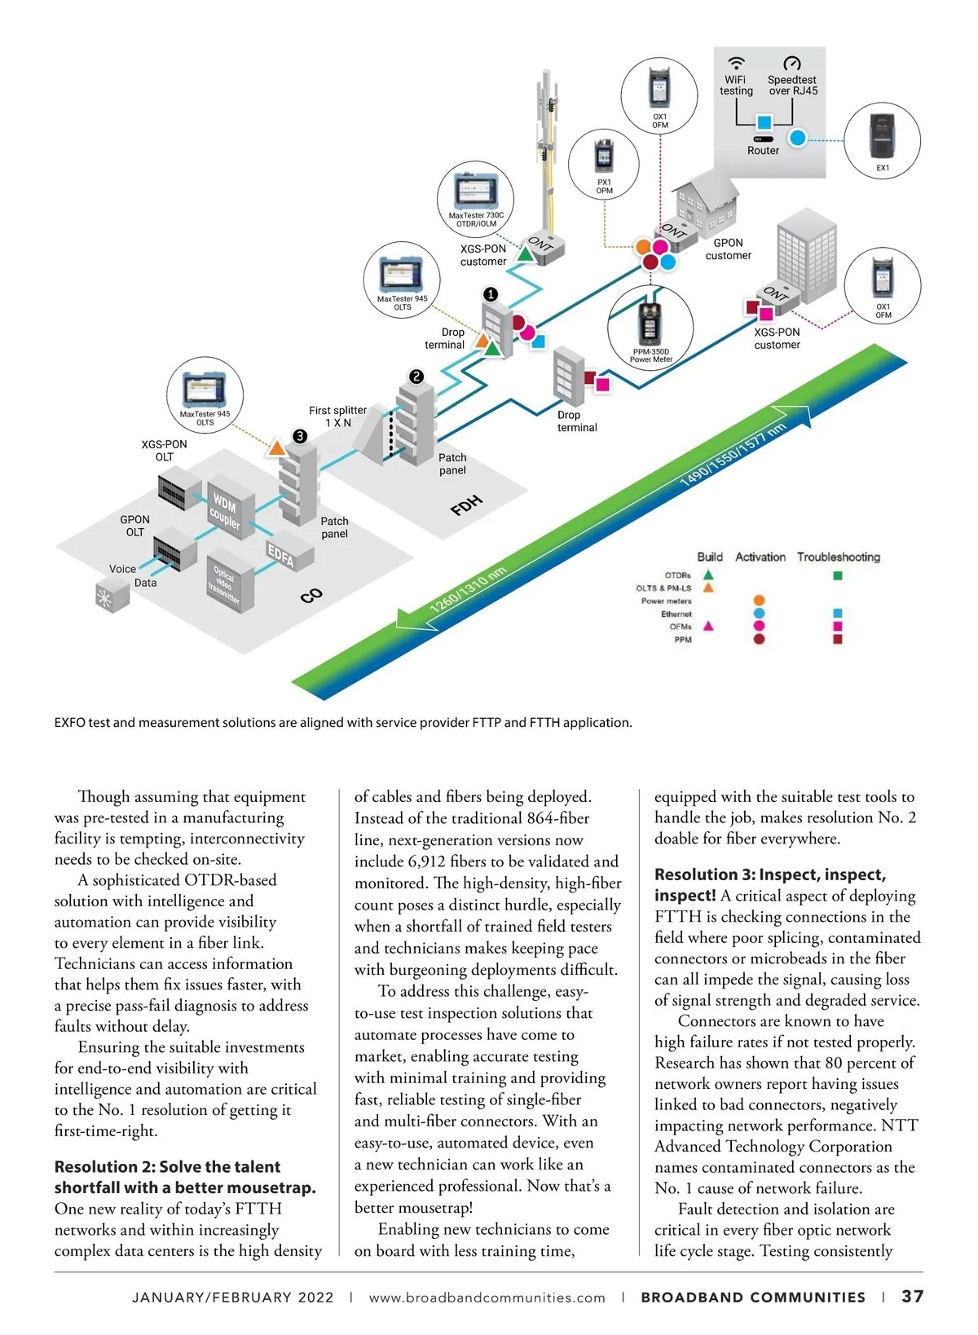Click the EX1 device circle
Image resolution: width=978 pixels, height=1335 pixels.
882,141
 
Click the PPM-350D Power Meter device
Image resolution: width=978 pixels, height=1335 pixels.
650,325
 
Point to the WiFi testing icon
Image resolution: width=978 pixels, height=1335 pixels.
736,64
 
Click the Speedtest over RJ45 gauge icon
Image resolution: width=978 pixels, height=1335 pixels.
791,64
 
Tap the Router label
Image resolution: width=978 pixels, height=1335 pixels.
763,151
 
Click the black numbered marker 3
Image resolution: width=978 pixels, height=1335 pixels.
300,436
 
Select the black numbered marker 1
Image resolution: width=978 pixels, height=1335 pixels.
491,293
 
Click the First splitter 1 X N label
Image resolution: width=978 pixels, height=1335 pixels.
337,416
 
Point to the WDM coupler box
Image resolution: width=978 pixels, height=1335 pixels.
225,511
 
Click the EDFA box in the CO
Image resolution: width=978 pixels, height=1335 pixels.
281,555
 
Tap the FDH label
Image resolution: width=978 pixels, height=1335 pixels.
466,505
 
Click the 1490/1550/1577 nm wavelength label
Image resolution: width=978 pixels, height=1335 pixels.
732,455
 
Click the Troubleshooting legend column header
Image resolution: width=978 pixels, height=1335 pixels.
838,557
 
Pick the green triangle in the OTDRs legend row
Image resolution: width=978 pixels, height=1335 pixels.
708,575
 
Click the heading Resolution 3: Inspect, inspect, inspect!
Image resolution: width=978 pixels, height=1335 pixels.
769,884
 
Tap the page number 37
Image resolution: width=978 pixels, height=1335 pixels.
912,1296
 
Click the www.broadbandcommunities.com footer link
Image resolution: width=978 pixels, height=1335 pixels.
487,1298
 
